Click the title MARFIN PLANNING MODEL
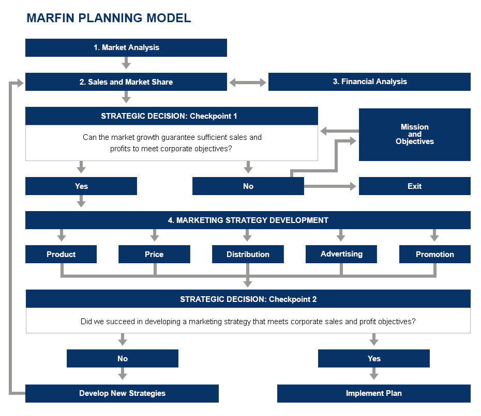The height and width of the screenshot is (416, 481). pyautogui.click(x=109, y=18)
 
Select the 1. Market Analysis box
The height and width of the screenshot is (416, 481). pyautogui.click(x=126, y=47)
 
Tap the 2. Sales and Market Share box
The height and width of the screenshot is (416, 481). pyautogui.click(x=126, y=82)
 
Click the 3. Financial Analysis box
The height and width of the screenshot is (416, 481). pyautogui.click(x=369, y=82)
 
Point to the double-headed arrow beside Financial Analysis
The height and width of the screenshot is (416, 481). pyautogui.click(x=248, y=82)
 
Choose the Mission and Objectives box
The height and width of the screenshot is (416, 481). pyautogui.click(x=414, y=134)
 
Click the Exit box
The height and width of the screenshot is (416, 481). pyautogui.click(x=414, y=186)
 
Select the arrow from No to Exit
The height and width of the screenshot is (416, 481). pyautogui.click(x=331, y=186)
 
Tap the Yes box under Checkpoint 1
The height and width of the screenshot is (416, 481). pyautogui.click(x=81, y=186)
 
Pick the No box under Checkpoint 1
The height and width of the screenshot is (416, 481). pyautogui.click(x=248, y=186)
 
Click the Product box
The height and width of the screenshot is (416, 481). pyautogui.click(x=61, y=254)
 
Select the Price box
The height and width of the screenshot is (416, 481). pyautogui.click(x=154, y=254)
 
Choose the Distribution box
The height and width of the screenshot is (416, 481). pyautogui.click(x=248, y=254)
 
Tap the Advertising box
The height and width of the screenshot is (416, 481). pyautogui.click(x=341, y=254)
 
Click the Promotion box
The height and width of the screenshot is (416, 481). pyautogui.click(x=434, y=254)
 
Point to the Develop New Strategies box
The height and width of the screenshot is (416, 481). pyautogui.click(x=122, y=393)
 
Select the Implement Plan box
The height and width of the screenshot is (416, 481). pyautogui.click(x=373, y=393)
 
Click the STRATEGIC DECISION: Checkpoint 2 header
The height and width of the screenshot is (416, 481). pyautogui.click(x=248, y=299)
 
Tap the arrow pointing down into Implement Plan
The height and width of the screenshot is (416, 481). pyautogui.click(x=374, y=374)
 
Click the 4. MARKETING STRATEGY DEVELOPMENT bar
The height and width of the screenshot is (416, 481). pyautogui.click(x=248, y=220)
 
